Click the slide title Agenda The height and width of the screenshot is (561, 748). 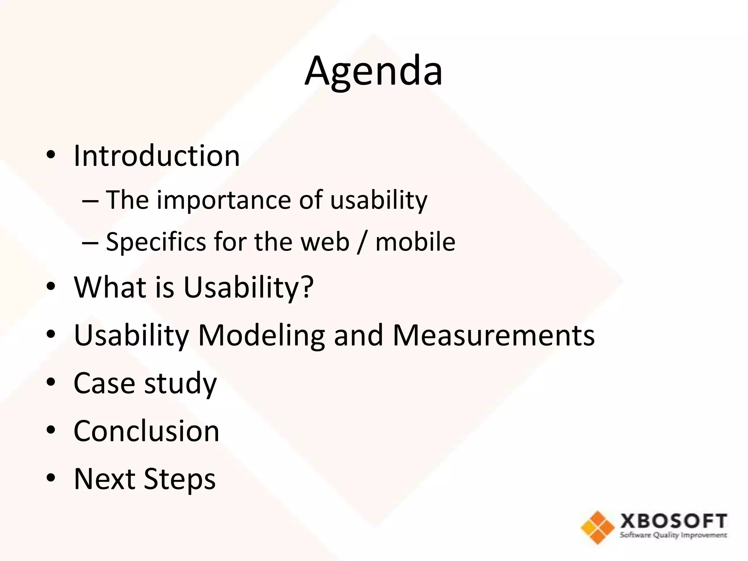[373, 71]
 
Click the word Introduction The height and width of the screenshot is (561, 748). [157, 156]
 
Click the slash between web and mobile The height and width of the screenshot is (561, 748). [362, 242]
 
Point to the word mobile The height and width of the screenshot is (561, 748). [415, 242]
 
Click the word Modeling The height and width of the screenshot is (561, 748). [261, 335]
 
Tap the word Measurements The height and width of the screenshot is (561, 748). [493, 335]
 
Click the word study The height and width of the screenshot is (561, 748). [181, 383]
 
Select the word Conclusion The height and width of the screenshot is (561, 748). [146, 431]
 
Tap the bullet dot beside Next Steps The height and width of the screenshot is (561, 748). [51, 478]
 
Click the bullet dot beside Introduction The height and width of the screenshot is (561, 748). [51, 155]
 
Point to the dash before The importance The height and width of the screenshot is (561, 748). [90, 201]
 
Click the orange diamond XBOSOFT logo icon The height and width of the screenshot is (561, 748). [598, 527]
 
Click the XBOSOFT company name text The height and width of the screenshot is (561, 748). [673, 521]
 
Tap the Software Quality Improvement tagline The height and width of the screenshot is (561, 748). [673, 535]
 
